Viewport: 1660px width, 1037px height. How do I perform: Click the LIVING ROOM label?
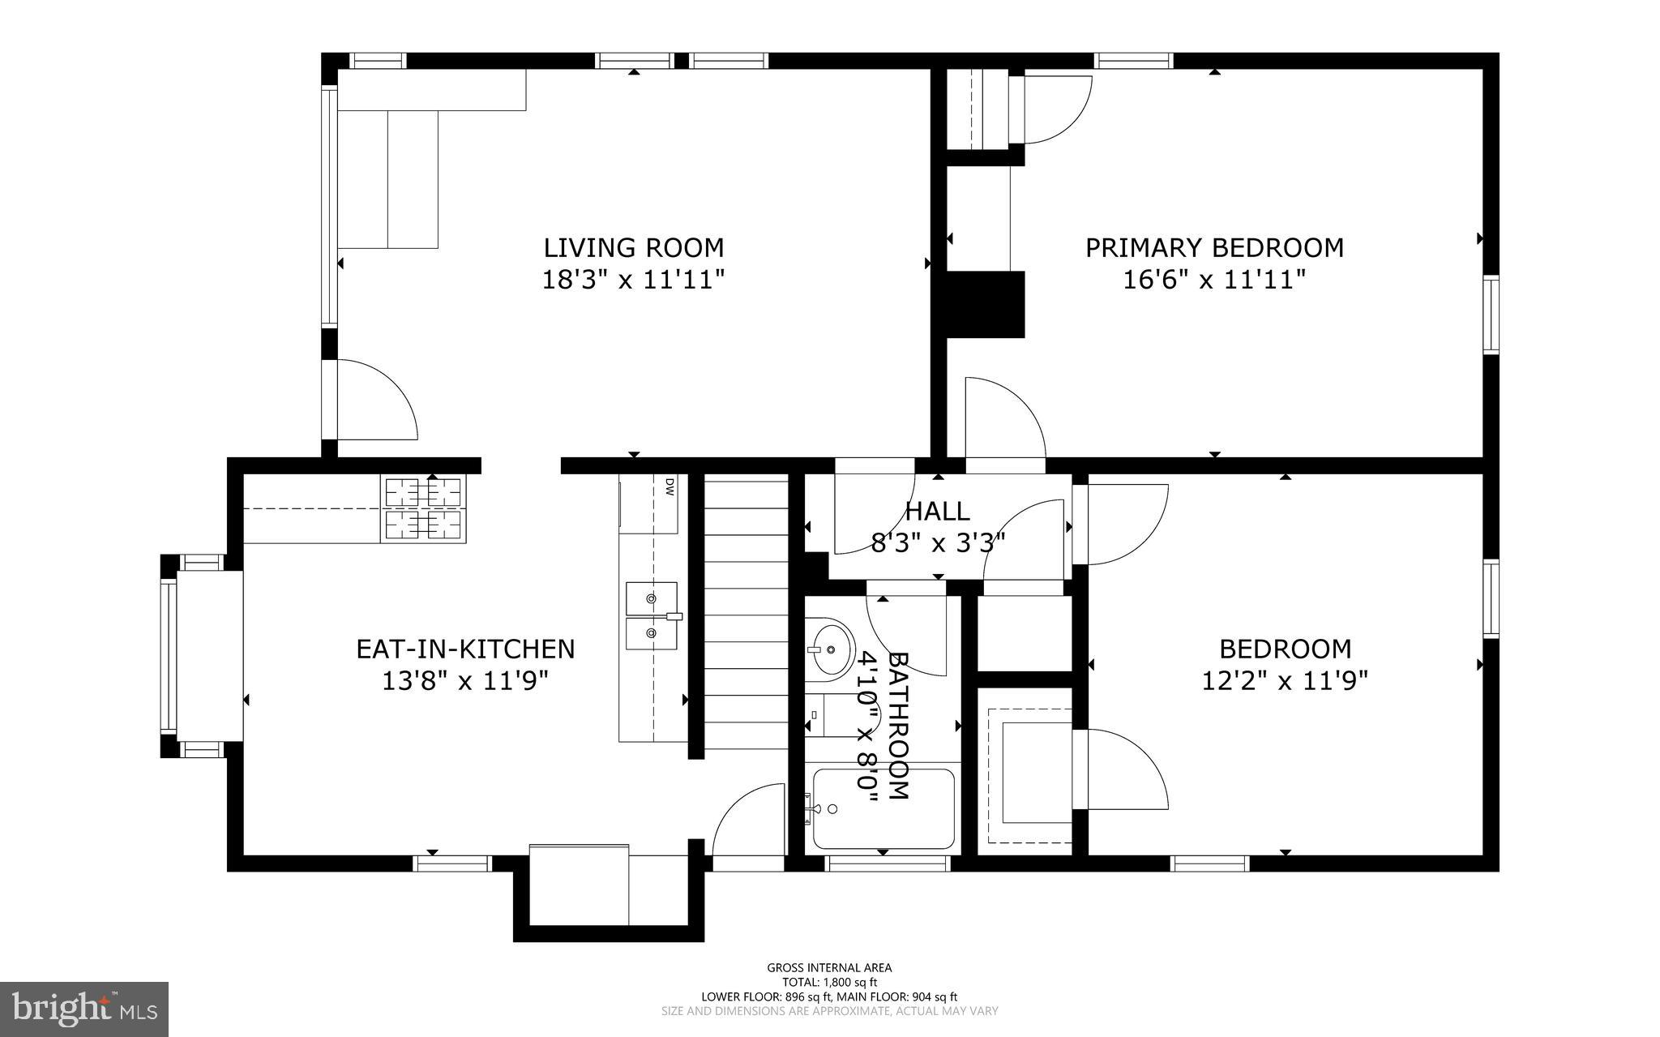(633, 246)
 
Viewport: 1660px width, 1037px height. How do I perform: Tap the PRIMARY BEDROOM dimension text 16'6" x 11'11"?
(1214, 280)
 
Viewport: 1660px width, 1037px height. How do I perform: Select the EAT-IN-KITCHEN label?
(465, 649)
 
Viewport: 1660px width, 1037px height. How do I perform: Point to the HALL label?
(937, 511)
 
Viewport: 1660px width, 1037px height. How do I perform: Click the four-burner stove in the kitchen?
(423, 509)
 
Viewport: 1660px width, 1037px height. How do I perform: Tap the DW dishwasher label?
(670, 486)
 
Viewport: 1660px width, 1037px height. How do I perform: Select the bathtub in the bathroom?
(883, 808)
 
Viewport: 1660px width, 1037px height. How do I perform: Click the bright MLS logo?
(83, 1009)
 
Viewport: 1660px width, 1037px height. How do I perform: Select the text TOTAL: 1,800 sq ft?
(829, 982)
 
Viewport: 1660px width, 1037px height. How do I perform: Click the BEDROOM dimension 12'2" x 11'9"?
(1284, 680)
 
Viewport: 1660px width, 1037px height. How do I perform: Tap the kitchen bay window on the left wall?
(170, 655)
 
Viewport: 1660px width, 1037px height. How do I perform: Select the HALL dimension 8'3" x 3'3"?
(938, 542)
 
